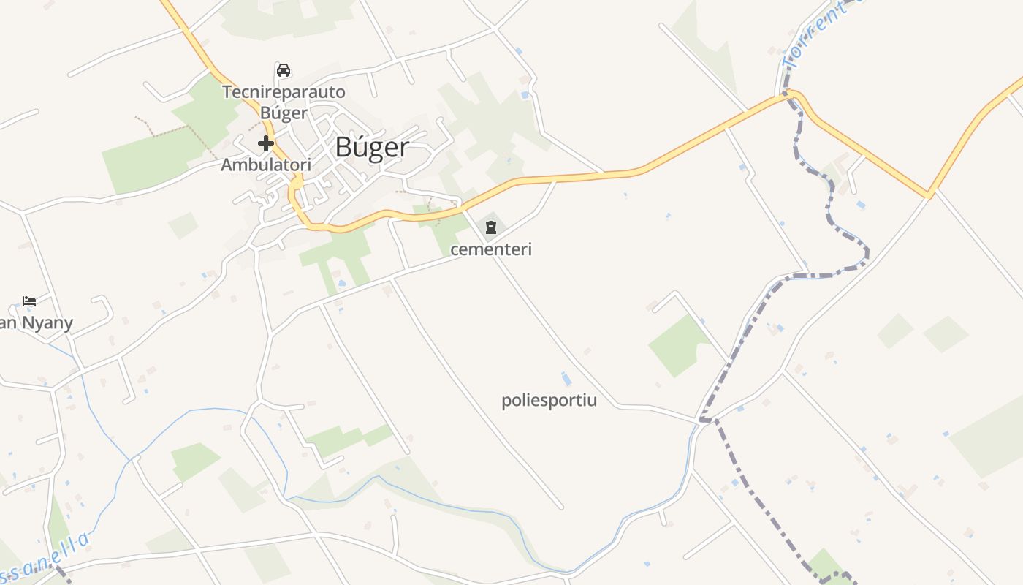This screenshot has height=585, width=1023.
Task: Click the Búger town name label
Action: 371,147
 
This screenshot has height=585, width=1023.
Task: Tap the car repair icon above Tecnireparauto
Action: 284,70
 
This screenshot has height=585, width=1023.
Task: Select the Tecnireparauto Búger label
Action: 284,102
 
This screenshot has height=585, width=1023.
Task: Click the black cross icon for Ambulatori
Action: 266,143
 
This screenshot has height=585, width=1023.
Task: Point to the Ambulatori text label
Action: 266,165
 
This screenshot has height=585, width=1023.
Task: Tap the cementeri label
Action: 491,249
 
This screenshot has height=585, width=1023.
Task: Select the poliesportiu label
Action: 549,401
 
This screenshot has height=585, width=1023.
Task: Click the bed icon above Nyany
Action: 29,301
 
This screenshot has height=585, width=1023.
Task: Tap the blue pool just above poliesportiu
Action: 566,379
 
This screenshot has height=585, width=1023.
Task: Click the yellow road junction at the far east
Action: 929,195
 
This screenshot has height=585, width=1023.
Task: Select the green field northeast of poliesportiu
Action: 678,344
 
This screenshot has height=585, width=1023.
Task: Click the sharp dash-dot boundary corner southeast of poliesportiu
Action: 703,420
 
